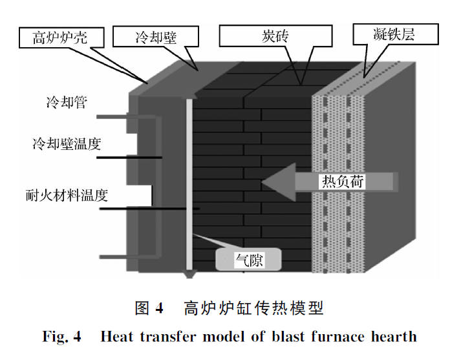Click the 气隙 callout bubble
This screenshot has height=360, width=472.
click(249, 260)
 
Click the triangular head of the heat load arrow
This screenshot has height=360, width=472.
click(278, 182)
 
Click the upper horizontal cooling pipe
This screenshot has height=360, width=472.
click(116, 117)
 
